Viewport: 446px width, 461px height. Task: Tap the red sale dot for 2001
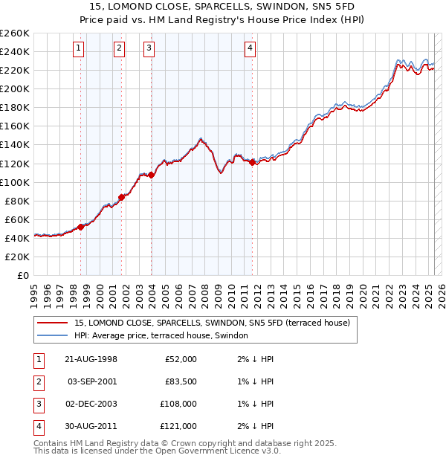click(x=121, y=197)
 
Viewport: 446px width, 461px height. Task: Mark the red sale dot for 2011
click(x=253, y=162)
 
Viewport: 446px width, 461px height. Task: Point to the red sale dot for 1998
click(x=80, y=227)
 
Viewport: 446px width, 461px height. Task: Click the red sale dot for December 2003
click(x=151, y=175)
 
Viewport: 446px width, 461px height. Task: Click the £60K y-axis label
click(x=17, y=219)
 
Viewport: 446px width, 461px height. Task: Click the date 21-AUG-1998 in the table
click(x=91, y=359)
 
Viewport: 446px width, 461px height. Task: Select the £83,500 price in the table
click(x=180, y=381)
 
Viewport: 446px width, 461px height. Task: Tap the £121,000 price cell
click(x=180, y=426)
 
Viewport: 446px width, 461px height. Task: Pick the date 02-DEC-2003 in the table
click(x=91, y=404)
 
